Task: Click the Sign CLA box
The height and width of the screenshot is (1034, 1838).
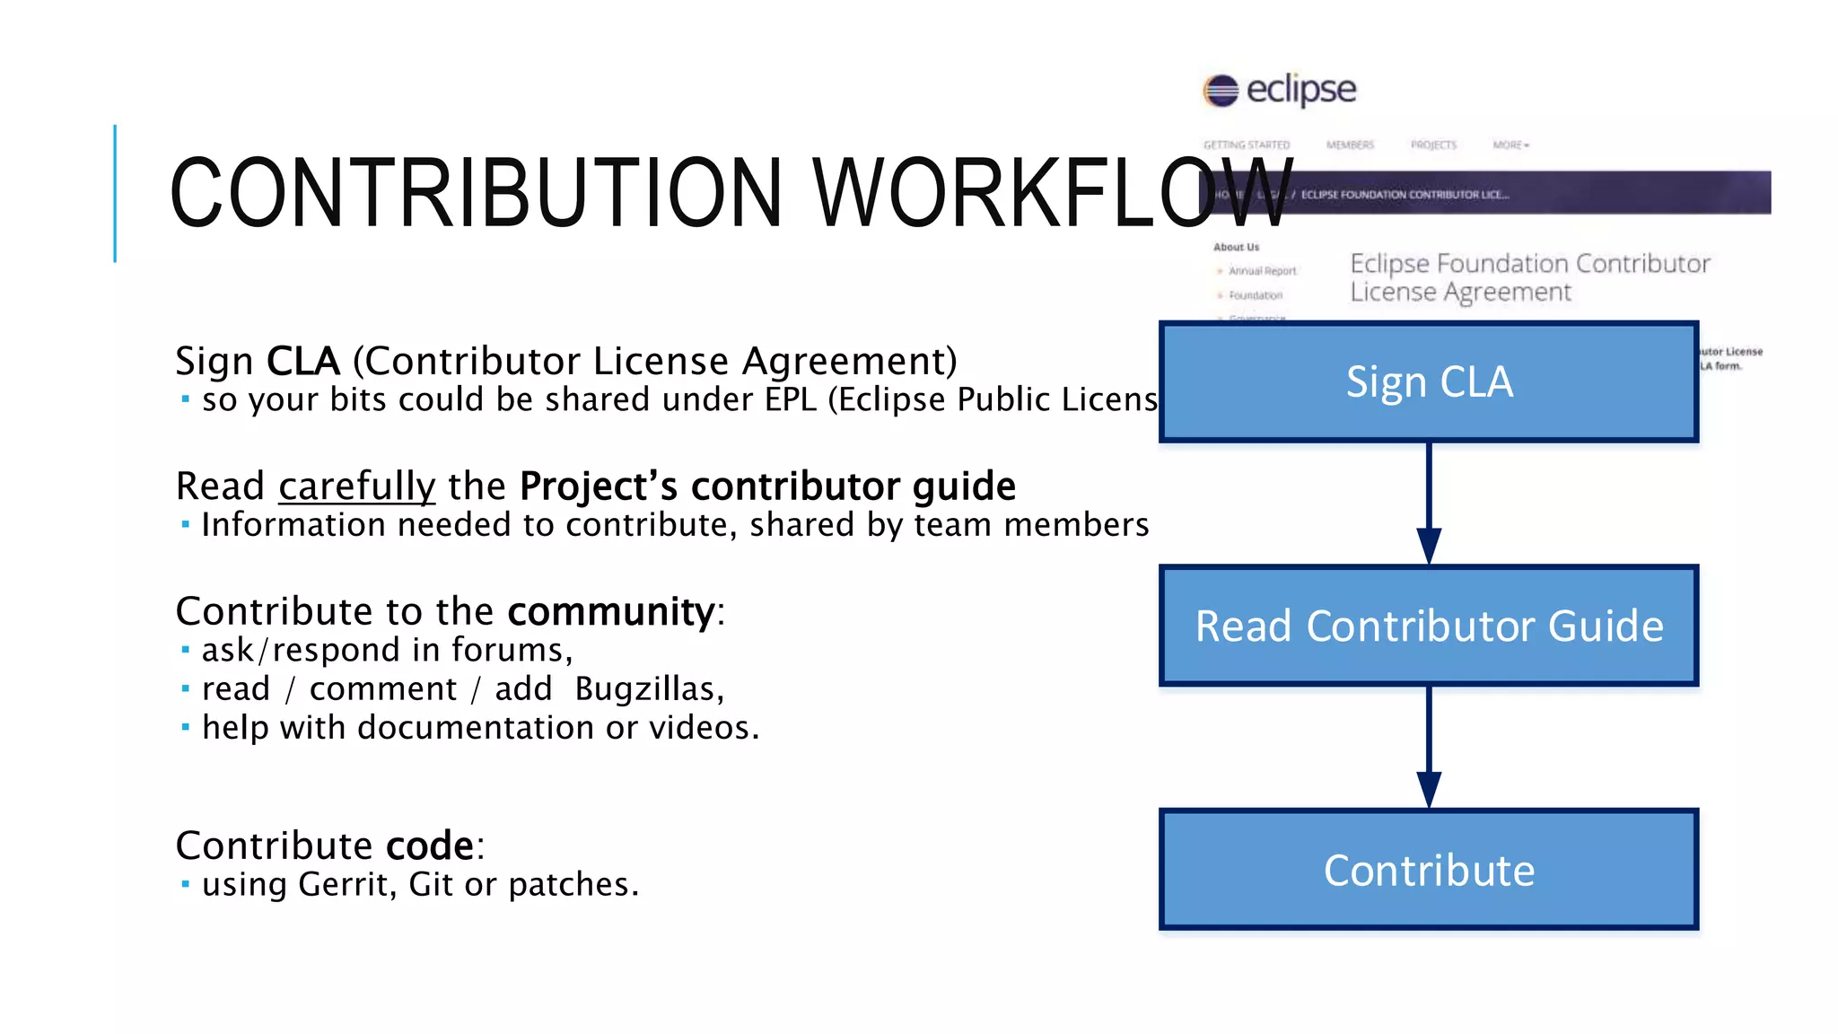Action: [x=1429, y=381]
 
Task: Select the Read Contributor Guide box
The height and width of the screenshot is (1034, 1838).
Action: [x=1429, y=626]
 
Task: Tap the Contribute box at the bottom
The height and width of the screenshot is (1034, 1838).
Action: [x=1429, y=870]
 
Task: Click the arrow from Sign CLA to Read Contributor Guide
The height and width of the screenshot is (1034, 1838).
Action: [x=1429, y=503]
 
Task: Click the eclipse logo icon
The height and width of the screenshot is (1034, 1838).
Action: [x=1221, y=90]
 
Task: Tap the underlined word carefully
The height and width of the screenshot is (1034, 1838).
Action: [x=356, y=486]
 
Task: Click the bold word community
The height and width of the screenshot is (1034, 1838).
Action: [x=610, y=611]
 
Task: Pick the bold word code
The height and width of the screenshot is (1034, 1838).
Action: [x=429, y=846]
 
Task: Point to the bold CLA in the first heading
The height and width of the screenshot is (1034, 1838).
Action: [x=303, y=361]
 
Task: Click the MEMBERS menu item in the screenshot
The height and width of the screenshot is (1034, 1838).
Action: [x=1350, y=145]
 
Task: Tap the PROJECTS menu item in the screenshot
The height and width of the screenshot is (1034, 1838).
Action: [x=1433, y=145]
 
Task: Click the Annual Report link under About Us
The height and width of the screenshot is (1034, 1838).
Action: [x=1262, y=271]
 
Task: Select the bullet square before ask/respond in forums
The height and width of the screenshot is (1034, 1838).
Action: [x=186, y=650]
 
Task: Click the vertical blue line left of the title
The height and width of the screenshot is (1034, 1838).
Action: [x=115, y=193]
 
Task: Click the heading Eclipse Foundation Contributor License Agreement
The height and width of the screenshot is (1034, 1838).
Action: [x=1529, y=277]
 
